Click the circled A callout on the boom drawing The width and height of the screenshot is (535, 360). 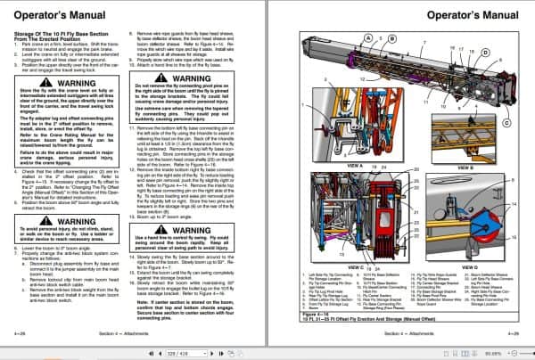pos(366,37)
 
